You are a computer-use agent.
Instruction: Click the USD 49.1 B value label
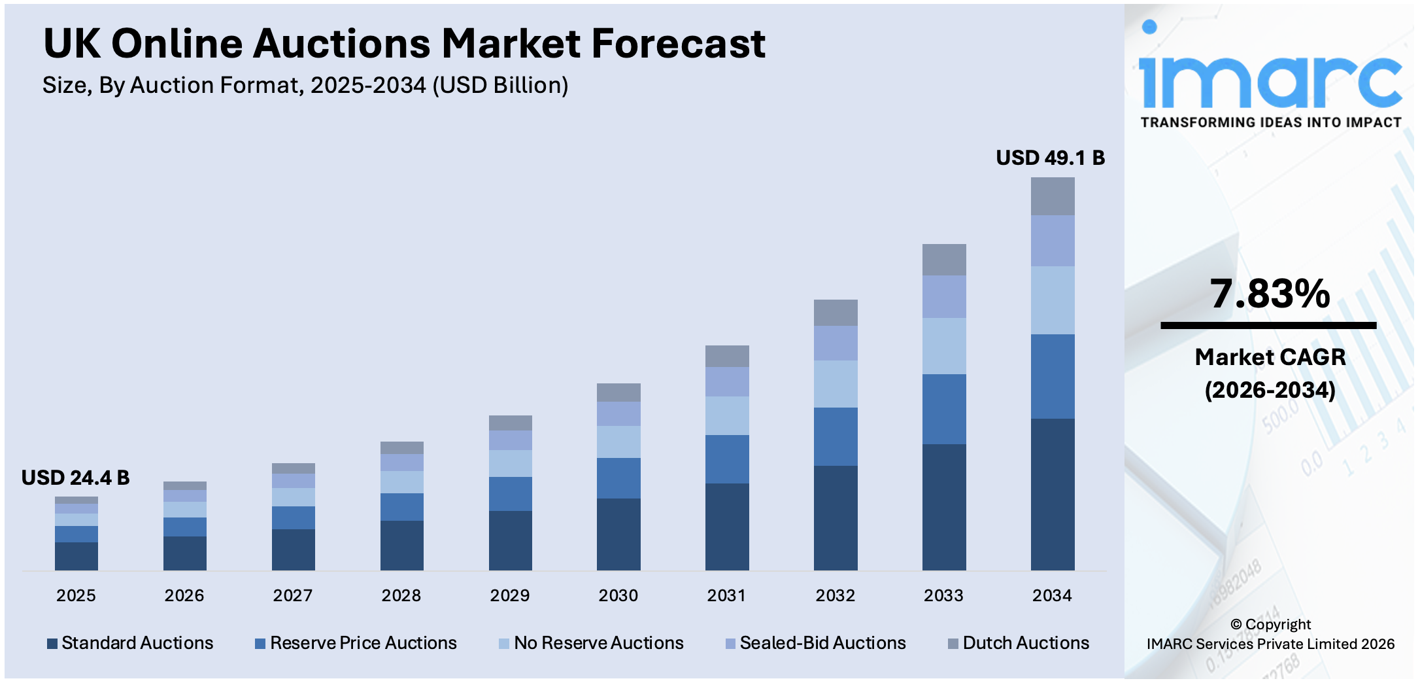(1050, 158)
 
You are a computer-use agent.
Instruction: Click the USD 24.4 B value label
(75, 478)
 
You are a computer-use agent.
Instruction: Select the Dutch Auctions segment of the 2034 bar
(1052, 196)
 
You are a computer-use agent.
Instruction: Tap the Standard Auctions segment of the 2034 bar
(1052, 494)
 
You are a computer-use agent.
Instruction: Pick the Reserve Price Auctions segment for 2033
(943, 409)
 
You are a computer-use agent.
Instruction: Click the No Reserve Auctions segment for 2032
(835, 384)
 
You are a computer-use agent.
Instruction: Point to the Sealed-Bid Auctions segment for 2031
(726, 381)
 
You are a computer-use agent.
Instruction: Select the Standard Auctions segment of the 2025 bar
(76, 556)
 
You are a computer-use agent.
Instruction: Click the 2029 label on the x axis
(509, 595)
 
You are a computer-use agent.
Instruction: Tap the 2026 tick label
(184, 595)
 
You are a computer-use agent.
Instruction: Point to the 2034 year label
(1051, 595)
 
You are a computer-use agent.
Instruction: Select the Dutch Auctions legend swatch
(953, 644)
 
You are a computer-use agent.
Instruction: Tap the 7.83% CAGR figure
(1269, 294)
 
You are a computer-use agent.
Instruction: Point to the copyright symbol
(1236, 624)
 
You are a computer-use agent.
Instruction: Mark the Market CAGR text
(1270, 357)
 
